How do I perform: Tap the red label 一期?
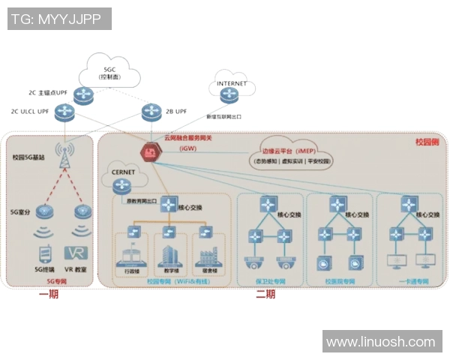49,295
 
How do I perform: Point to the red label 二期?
265,295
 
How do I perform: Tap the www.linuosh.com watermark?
381,341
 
